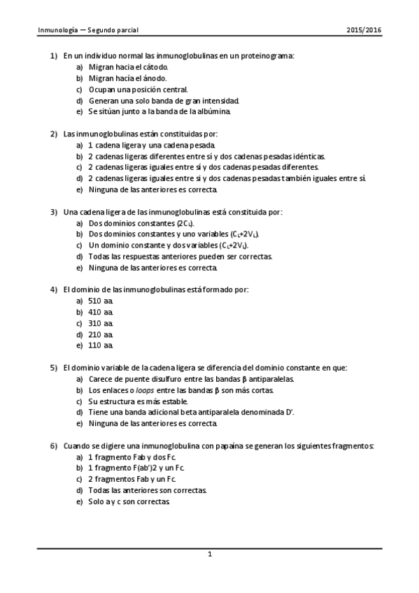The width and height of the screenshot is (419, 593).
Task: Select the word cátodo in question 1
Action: pyautogui.click(x=154, y=66)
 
